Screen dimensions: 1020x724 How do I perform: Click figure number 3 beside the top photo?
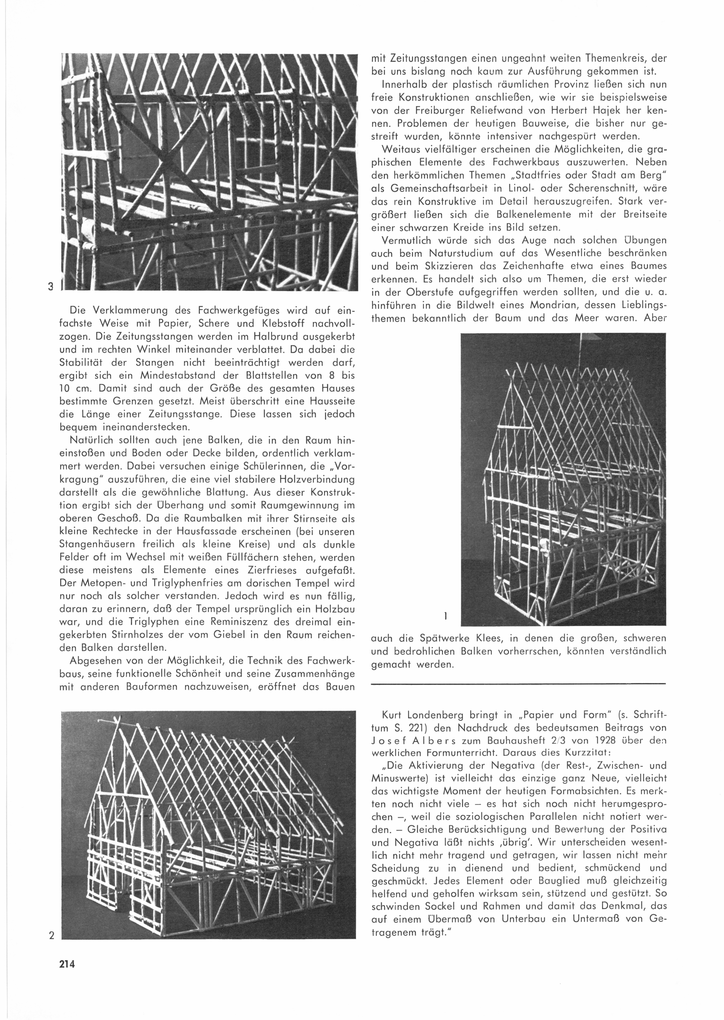click(x=51, y=287)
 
